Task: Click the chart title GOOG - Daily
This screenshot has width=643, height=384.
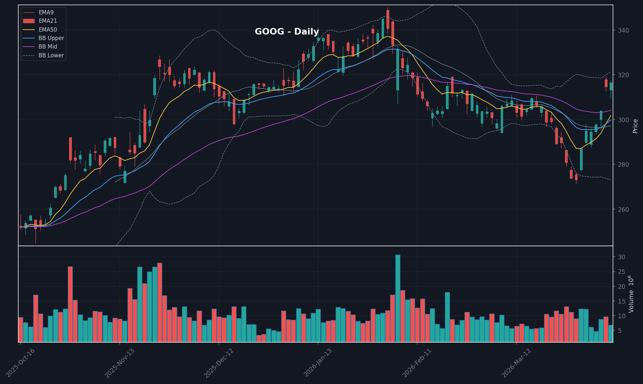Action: point(286,32)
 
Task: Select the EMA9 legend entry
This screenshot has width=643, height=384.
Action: point(46,12)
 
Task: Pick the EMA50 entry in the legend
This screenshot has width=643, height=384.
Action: point(48,30)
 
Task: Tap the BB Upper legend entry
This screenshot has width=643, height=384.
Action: point(51,38)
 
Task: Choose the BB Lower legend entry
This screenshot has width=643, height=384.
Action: point(51,55)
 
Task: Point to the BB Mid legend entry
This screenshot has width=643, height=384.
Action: point(48,47)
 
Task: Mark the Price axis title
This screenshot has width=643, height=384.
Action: point(635,126)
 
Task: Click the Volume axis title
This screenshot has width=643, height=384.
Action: point(632,294)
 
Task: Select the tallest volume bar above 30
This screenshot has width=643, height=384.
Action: point(398,298)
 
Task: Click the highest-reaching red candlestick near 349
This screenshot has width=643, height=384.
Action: point(388,19)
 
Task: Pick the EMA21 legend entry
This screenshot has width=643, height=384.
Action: point(48,21)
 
